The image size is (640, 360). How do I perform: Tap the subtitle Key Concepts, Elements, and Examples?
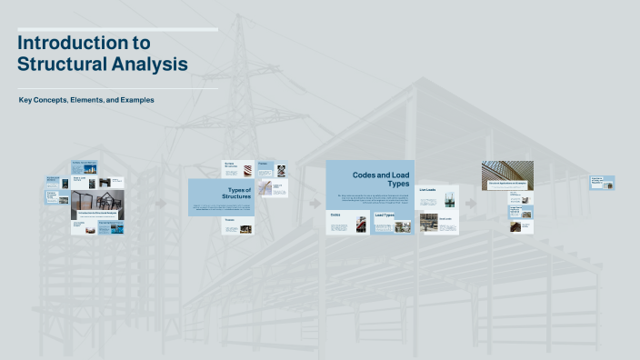(x=86, y=99)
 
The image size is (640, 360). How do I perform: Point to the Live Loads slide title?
(x=427, y=190)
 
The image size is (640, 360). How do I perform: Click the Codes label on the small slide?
(x=335, y=215)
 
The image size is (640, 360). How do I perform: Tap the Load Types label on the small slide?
(x=385, y=215)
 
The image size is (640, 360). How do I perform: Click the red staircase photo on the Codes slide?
(x=361, y=224)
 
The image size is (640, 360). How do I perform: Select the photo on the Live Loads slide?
(x=427, y=204)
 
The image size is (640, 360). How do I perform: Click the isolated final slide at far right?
(x=603, y=183)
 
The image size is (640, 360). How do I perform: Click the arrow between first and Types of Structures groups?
(x=161, y=203)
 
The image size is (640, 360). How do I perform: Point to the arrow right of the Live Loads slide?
(x=471, y=203)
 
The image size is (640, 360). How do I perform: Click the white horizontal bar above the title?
(x=118, y=29)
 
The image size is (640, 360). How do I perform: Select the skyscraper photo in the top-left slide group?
(x=90, y=168)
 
